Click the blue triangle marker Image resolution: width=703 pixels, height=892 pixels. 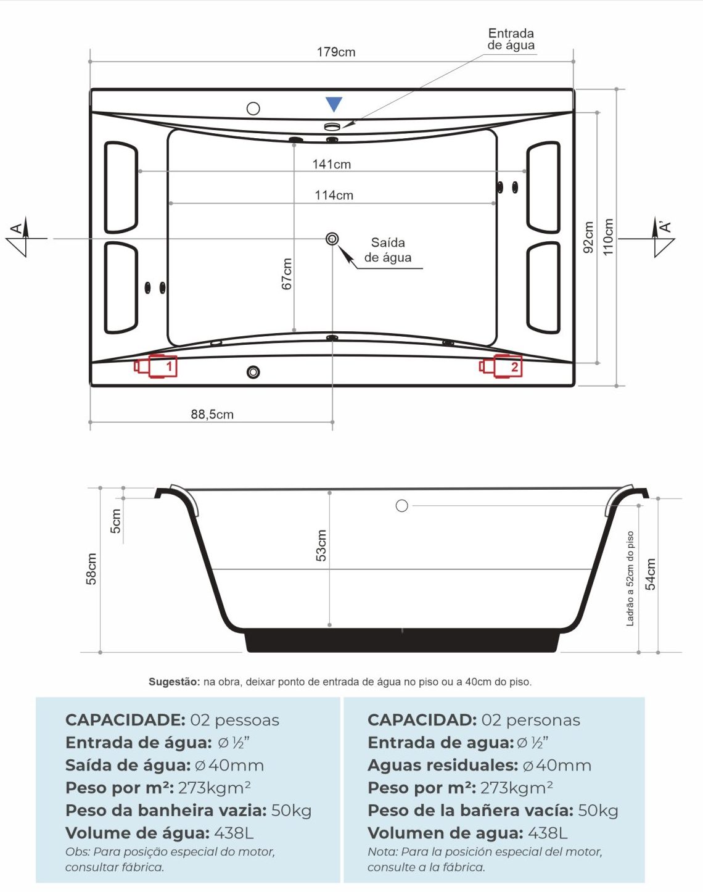tap(334, 104)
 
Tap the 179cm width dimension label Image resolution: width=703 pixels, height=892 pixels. tap(336, 52)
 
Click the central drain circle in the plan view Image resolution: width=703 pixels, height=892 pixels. tap(332, 239)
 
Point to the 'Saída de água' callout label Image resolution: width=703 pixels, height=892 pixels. tap(388, 250)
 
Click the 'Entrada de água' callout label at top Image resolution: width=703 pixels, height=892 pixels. tap(511, 39)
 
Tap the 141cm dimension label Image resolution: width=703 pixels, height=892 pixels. tap(332, 165)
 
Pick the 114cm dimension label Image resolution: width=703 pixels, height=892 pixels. tap(334, 196)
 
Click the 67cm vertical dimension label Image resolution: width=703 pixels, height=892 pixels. tap(287, 274)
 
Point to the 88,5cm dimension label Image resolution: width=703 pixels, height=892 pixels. tap(212, 415)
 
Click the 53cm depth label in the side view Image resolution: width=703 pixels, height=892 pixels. tap(321, 545)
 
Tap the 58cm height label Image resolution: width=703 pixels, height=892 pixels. tap(91, 569)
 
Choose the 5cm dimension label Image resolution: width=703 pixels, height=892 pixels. tap(116, 521)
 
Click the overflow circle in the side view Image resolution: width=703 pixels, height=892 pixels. tap(402, 506)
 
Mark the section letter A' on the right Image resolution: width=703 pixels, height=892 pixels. tap(666, 226)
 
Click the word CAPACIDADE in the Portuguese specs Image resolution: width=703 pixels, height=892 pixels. tap(125, 720)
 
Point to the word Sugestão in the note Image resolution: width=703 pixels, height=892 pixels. tap(174, 682)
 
